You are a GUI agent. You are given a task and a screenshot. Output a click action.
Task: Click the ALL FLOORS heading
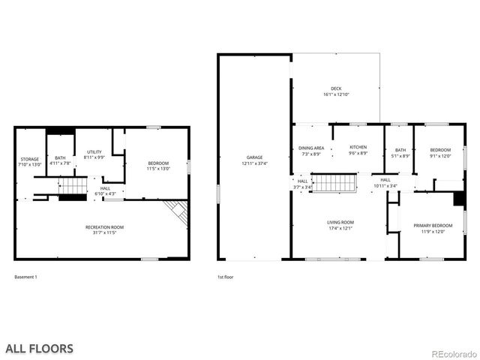[40, 348]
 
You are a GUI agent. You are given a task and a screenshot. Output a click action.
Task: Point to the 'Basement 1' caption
[25, 277]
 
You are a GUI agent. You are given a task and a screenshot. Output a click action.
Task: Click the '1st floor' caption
[225, 277]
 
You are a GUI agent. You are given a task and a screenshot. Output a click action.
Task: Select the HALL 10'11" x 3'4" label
[385, 182]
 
